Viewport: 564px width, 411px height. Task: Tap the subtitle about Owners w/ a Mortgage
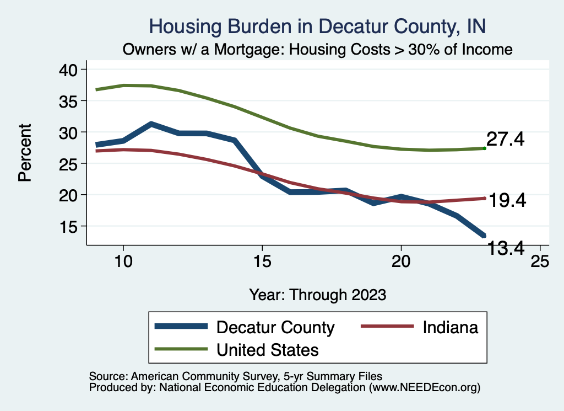pos(318,49)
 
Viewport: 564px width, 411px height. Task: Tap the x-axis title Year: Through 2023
pos(318,293)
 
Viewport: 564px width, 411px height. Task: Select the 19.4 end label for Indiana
pos(507,200)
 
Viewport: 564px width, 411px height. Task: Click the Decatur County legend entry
pos(275,327)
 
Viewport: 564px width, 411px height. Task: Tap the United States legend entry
pos(268,349)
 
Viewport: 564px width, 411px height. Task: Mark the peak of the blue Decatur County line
pos(151,124)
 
